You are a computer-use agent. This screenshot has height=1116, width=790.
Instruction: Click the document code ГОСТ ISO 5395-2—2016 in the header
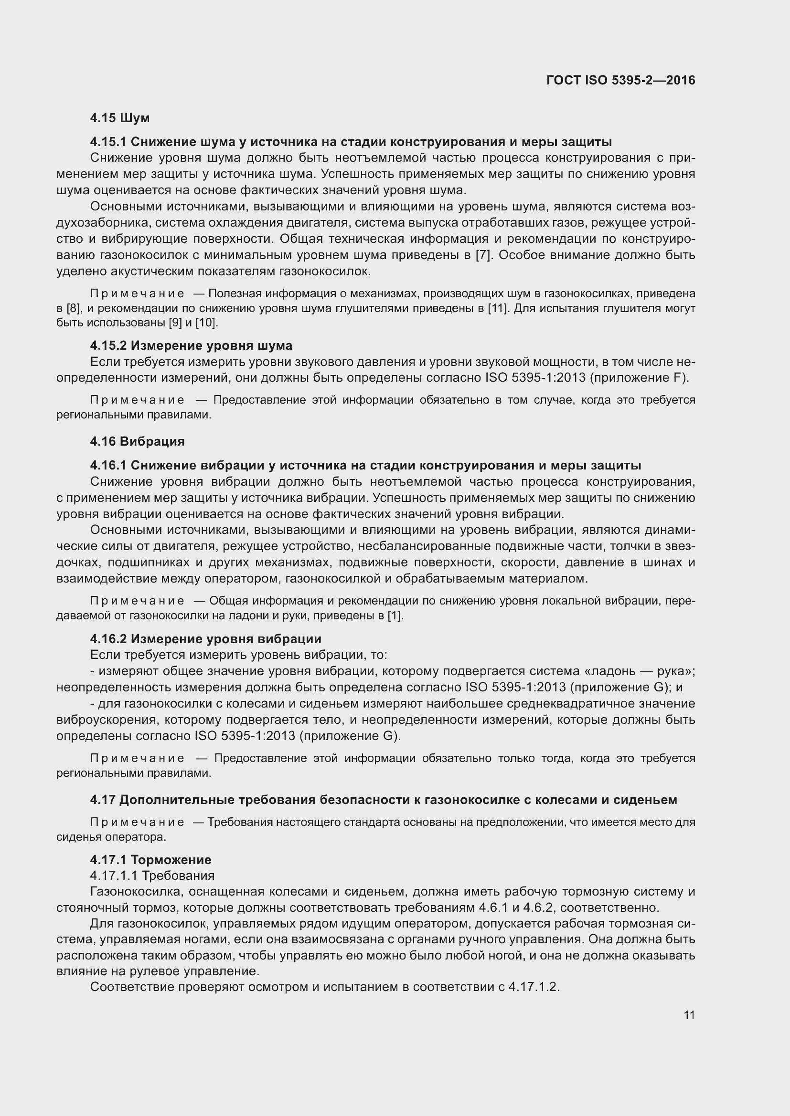[x=621, y=80]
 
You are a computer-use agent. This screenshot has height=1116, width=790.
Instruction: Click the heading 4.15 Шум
[x=120, y=118]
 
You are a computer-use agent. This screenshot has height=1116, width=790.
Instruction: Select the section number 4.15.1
[x=108, y=142]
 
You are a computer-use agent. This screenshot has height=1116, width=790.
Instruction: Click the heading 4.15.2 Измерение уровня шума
[x=191, y=345]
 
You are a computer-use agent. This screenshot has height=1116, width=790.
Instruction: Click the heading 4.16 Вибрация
[x=138, y=441]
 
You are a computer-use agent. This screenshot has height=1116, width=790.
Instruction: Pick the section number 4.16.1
[x=108, y=465]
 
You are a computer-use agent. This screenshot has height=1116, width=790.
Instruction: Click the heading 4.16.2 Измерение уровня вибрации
[x=206, y=639]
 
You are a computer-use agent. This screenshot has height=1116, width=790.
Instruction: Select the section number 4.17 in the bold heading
[x=102, y=800]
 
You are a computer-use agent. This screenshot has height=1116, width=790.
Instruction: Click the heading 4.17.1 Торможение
[x=151, y=860]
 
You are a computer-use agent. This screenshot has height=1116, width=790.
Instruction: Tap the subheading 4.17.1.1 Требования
[x=152, y=876]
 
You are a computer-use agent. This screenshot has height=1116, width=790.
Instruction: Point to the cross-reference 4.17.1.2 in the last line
[x=534, y=987]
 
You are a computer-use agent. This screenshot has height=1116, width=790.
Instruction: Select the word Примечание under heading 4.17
[x=138, y=823]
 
